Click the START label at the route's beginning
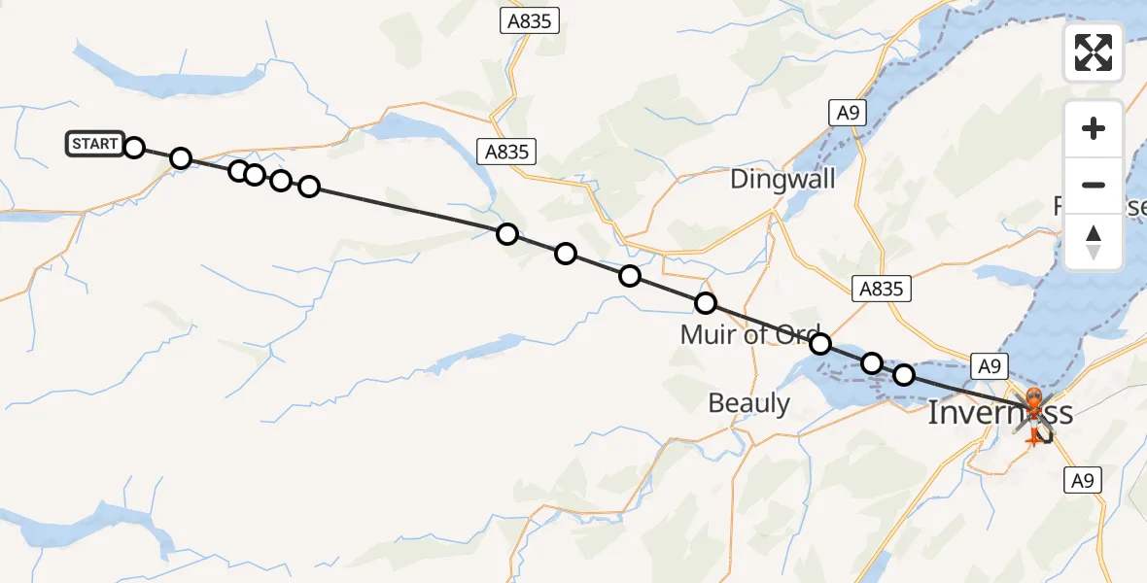[94, 144]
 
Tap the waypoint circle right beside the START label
[134, 148]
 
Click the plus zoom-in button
[1094, 128]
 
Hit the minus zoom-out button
[1094, 185]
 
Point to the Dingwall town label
[782, 179]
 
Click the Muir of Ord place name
[750, 335]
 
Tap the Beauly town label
[748, 402]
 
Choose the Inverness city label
[999, 413]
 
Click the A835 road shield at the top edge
[531, 20]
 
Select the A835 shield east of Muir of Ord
[881, 289]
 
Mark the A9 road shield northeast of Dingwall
[849, 113]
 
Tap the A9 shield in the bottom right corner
[1085, 479]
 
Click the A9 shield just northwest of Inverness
[988, 366]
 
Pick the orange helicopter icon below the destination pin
[1033, 433]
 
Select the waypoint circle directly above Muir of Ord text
[706, 304]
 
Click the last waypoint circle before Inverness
[904, 374]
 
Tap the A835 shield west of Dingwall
[506, 151]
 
